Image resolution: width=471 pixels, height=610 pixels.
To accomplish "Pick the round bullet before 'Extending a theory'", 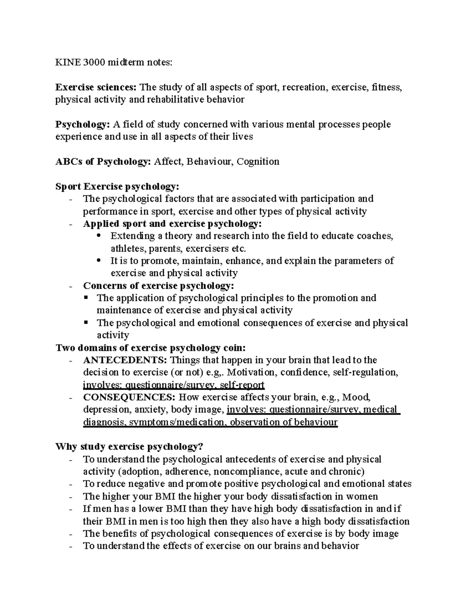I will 98,236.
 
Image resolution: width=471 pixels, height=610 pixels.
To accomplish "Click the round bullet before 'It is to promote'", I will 98,260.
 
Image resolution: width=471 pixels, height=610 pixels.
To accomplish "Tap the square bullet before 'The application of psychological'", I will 86,298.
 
